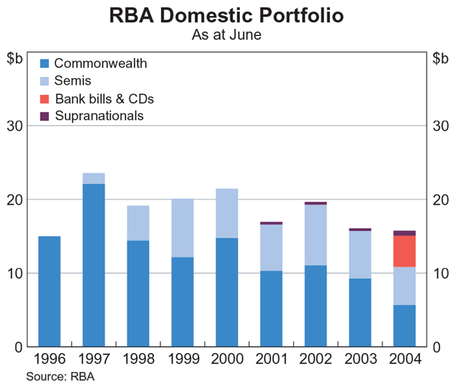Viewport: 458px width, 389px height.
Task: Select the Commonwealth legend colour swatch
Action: tap(44, 64)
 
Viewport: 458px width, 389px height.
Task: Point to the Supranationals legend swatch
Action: tap(44, 116)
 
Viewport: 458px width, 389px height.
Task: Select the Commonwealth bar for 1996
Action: tap(49, 291)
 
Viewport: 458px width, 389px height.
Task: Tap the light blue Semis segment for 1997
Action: tap(93, 178)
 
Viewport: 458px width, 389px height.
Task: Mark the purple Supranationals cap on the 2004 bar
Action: tap(405, 233)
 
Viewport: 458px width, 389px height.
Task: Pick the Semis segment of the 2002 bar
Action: tap(315, 235)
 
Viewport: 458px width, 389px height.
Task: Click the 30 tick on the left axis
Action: tap(18, 125)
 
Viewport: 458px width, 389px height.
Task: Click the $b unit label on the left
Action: tap(15, 57)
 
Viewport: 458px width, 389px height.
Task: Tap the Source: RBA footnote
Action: tap(60, 376)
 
